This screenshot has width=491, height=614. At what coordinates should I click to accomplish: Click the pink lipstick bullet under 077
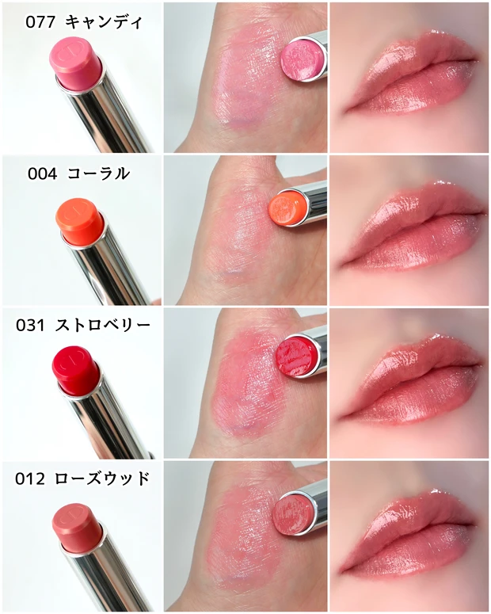tap(77, 63)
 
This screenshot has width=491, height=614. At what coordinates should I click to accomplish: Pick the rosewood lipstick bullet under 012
tap(75, 523)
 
